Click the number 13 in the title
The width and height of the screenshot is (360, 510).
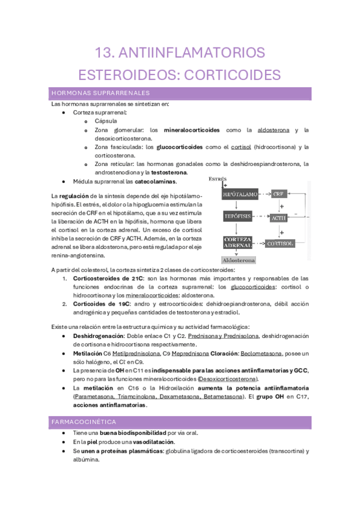[107, 53]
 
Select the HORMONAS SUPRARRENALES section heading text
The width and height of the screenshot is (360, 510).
[100, 93]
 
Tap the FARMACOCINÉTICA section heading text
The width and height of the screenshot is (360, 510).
[84, 422]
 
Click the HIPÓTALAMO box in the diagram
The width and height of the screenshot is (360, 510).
[240, 195]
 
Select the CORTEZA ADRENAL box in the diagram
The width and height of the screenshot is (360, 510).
[237, 243]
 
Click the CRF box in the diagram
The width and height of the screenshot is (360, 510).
[279, 194]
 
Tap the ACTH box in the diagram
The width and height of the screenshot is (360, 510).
[279, 217]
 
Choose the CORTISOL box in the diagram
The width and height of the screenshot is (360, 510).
[279, 244]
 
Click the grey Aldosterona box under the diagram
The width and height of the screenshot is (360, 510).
[239, 260]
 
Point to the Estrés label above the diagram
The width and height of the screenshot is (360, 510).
[217, 179]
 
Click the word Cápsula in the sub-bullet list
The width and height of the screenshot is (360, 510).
[106, 121]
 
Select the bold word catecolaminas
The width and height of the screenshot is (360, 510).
[156, 181]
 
